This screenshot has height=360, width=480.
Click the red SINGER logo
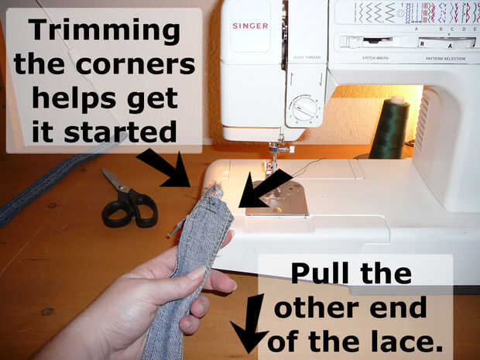[250, 26]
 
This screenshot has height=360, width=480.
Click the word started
[120, 131]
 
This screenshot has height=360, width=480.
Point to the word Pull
[320, 273]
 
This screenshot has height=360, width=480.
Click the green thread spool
[389, 128]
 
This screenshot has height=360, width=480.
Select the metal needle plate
[278, 198]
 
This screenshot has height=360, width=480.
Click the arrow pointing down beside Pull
[250, 323]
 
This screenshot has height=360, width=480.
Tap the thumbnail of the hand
[197, 273]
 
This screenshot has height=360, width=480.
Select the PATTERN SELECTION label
[445, 59]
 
